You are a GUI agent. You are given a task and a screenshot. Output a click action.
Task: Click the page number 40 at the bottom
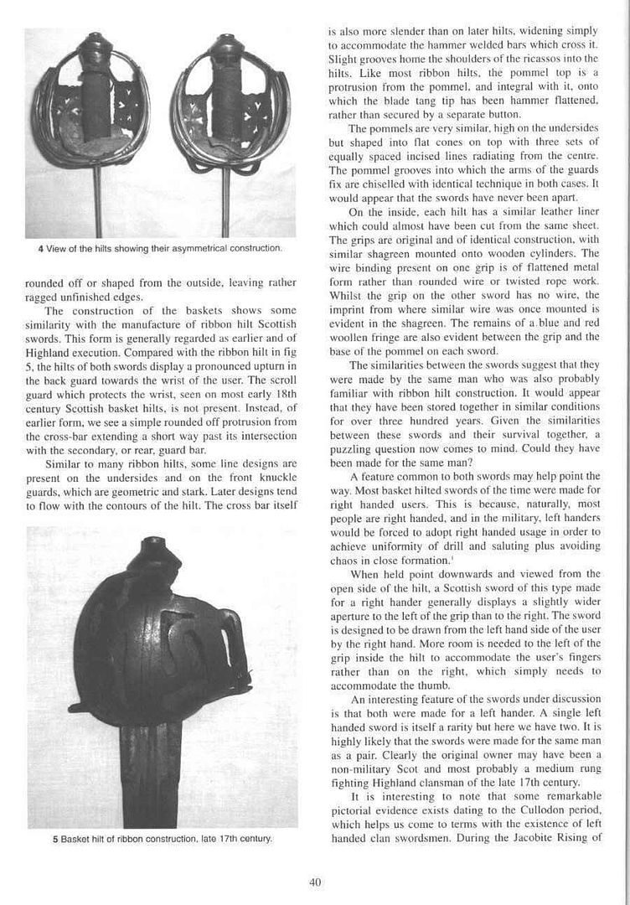point(315,881)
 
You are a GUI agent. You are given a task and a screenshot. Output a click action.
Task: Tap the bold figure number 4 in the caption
point(40,249)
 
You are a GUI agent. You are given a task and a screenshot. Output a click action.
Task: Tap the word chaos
point(344,560)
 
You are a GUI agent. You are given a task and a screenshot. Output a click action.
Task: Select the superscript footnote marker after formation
point(452,556)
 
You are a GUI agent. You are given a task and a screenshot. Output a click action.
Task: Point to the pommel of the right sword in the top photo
point(225,47)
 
